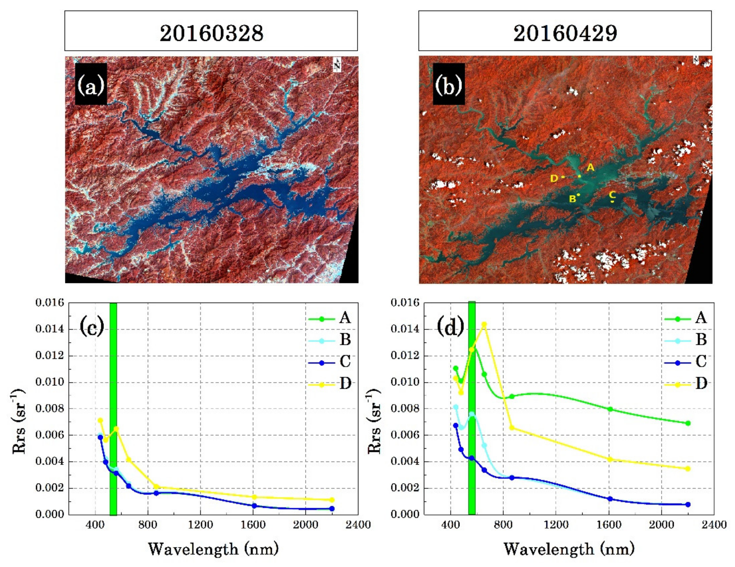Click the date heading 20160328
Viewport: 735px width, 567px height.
coord(211,33)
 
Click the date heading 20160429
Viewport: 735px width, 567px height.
coord(565,33)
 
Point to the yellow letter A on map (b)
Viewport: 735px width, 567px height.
coord(591,167)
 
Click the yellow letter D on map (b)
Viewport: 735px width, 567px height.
coord(554,178)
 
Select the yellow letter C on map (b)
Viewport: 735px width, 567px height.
coord(612,194)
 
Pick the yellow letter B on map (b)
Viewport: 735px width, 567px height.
coord(572,199)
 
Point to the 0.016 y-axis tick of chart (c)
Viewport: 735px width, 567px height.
coord(50,303)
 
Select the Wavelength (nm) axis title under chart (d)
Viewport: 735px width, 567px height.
coord(569,549)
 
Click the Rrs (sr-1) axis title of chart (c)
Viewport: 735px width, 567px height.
coord(19,422)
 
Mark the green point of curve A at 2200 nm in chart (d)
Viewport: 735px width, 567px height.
coord(688,423)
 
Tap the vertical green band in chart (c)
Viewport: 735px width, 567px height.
coord(113,404)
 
